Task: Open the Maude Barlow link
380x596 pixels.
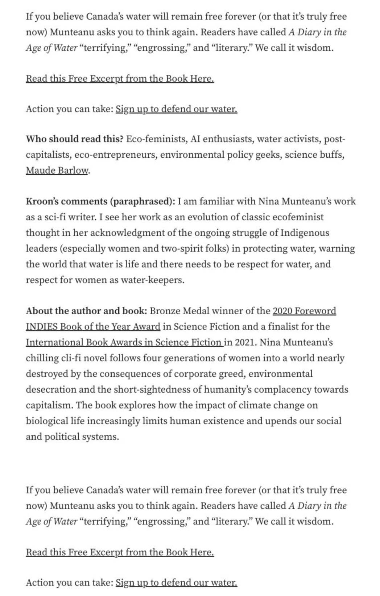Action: [x=57, y=170]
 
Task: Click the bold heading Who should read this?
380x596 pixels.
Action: [x=74, y=139]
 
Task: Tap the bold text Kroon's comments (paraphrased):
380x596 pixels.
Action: [x=100, y=201]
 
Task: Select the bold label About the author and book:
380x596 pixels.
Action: [x=86, y=311]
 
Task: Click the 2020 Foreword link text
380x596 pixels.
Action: [x=304, y=311]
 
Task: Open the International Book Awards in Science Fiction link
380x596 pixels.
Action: [x=124, y=342]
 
